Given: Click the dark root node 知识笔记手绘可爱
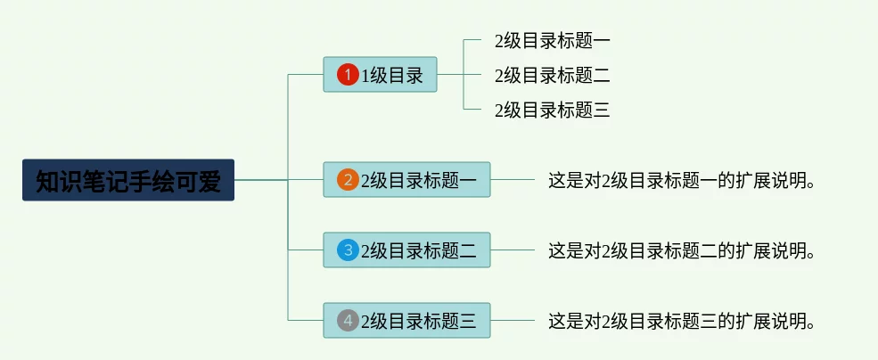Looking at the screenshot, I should coord(128,180).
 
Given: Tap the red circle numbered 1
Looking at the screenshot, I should coord(348,75).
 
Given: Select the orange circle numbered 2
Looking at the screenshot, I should coord(348,180).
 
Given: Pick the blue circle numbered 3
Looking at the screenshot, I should coord(348,250).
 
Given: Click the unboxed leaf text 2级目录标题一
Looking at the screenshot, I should coord(552,40).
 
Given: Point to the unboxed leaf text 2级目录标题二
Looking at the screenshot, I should coord(552,75).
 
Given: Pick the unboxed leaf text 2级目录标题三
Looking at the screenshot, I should coord(552,110).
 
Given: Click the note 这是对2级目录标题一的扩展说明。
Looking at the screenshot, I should coord(682,180).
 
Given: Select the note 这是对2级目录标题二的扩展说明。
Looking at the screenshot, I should coord(682,250).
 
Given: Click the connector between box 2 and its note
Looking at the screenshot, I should coord(513,180).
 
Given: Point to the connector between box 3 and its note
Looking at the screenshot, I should coord(513,250).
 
